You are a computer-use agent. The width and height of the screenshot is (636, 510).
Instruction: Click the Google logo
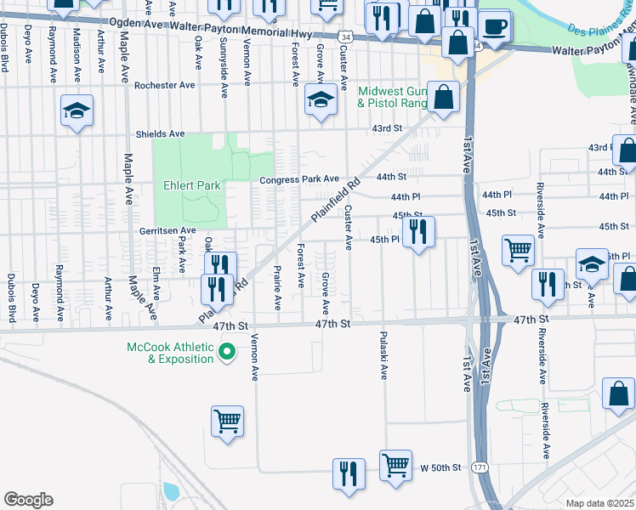click(28, 500)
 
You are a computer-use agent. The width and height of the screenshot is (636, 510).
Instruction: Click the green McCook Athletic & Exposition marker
click(227, 351)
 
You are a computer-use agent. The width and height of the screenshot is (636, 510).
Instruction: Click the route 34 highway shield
click(344, 37)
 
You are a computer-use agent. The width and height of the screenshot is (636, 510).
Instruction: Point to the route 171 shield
click(481, 468)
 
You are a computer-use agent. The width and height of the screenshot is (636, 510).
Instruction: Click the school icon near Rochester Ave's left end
click(77, 110)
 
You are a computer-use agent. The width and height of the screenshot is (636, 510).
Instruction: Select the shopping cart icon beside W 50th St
click(395, 465)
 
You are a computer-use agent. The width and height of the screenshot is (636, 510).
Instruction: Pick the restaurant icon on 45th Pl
click(417, 231)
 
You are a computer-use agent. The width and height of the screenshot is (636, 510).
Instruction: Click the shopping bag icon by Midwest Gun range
click(443, 97)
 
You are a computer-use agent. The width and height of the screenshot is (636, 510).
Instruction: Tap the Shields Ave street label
click(161, 134)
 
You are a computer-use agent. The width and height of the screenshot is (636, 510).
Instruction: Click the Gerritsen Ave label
click(168, 230)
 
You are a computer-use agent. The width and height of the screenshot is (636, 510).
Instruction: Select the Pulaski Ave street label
click(383, 355)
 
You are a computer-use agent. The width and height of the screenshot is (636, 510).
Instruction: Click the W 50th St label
click(440, 467)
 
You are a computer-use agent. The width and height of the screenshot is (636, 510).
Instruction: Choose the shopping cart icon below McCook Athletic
click(227, 421)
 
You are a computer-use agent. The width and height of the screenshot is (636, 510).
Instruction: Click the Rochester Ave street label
click(165, 86)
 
